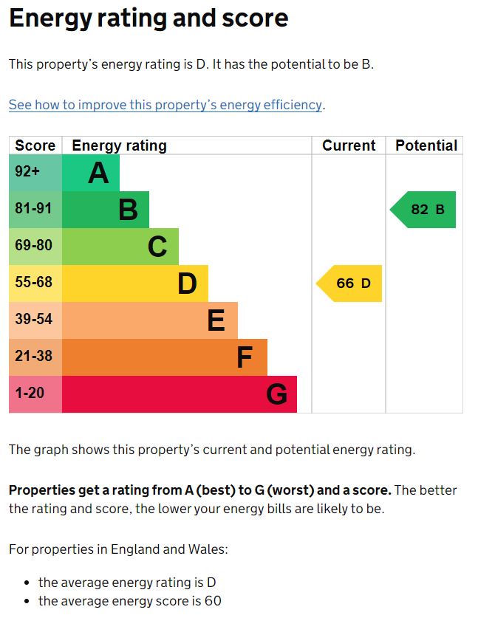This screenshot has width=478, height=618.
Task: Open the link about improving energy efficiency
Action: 165,105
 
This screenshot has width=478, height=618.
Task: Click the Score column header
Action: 35,145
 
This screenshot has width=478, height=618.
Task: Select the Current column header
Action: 349,145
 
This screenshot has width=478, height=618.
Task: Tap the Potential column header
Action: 426,145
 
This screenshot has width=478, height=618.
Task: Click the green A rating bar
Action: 90,173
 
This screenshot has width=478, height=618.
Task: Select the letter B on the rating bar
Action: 129,210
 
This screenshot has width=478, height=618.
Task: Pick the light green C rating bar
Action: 120,247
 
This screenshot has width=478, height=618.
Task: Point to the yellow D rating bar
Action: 134,284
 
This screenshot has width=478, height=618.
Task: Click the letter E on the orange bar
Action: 216,320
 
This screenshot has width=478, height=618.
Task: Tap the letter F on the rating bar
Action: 245,357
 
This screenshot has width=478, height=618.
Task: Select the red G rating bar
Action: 179,394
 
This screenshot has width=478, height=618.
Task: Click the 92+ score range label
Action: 27,171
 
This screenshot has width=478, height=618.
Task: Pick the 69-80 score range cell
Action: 35,245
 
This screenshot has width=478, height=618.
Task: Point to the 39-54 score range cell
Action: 35,319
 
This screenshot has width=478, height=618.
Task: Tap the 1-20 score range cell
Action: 30,393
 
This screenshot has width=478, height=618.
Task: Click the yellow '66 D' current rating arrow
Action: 351,284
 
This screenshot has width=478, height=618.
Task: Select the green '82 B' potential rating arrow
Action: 425,210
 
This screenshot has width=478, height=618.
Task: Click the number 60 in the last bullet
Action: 214,601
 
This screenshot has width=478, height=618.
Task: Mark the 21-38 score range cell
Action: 35,356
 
